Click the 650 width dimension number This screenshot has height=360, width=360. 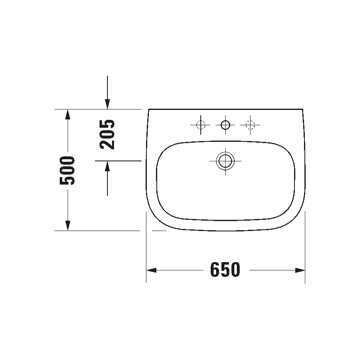[x=225, y=270]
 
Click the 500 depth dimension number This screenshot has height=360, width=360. [x=67, y=170]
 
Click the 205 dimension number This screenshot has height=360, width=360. [x=107, y=134]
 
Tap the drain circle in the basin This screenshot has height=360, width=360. [x=225, y=161]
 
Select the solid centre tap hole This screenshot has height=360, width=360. [x=225, y=124]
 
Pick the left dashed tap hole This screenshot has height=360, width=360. [x=201, y=124]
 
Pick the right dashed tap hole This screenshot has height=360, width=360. [x=250, y=124]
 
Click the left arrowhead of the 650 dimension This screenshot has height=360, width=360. [x=151, y=270]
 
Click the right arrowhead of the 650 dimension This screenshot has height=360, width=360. [x=301, y=270]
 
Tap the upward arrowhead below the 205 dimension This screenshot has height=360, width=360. [x=107, y=165]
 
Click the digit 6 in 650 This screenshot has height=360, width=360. [x=215, y=270]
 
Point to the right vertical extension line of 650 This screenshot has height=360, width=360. [x=305, y=249]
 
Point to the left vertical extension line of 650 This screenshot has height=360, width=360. [x=146, y=249]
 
